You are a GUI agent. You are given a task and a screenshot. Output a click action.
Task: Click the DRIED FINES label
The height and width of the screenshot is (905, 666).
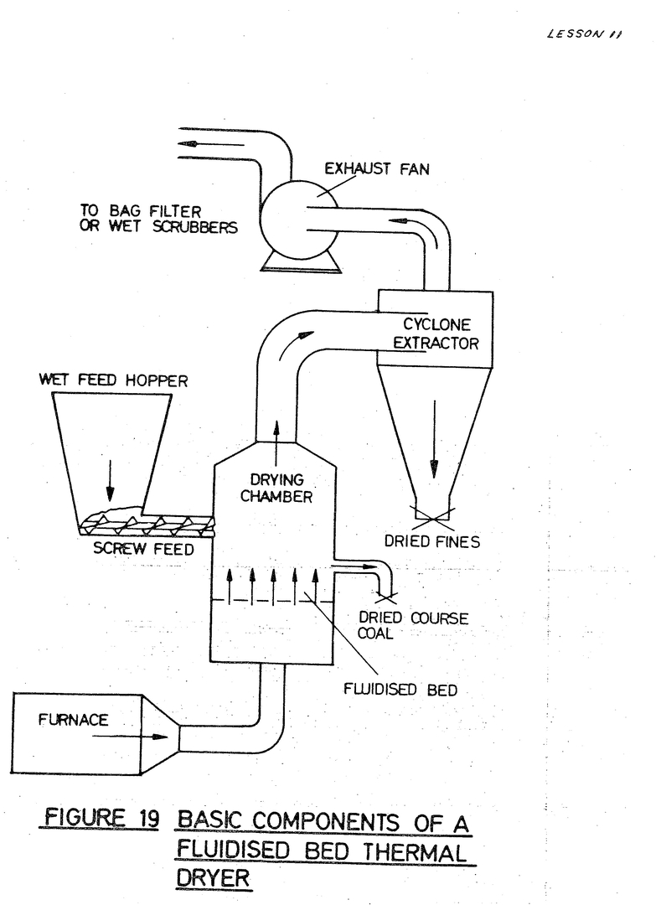tap(432, 541)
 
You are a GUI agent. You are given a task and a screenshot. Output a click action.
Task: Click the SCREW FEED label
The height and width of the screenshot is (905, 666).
tap(142, 550)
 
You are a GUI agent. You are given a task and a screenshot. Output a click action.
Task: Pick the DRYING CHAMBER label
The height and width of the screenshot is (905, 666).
tap(276, 488)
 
